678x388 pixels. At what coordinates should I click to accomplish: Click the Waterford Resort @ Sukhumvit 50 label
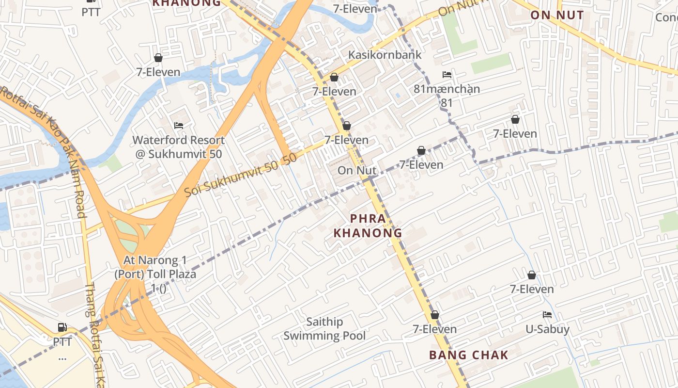click(179, 147)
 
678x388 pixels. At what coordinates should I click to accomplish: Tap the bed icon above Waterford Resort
click(179, 126)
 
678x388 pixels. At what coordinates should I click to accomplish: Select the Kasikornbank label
click(385, 54)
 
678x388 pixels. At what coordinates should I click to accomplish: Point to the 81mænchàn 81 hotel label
click(447, 96)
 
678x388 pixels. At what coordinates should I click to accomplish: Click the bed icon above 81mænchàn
click(447, 75)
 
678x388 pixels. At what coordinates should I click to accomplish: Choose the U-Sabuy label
click(547, 329)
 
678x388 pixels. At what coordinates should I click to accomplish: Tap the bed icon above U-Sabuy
click(547, 314)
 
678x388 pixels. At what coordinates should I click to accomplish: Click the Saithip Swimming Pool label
click(324, 329)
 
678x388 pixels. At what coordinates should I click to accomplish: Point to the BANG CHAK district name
click(469, 355)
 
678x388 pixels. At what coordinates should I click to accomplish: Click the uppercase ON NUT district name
click(557, 15)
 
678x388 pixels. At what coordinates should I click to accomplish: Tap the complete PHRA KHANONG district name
click(368, 226)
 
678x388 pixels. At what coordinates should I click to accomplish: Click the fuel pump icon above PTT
click(62, 327)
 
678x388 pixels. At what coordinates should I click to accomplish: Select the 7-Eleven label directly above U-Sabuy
click(532, 289)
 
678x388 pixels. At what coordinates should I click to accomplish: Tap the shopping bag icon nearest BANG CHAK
click(435, 315)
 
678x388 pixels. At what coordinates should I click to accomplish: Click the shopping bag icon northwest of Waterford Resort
click(158, 58)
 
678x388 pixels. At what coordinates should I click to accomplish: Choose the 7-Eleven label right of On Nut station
click(421, 165)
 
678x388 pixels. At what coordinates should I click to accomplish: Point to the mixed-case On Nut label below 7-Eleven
click(357, 170)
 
